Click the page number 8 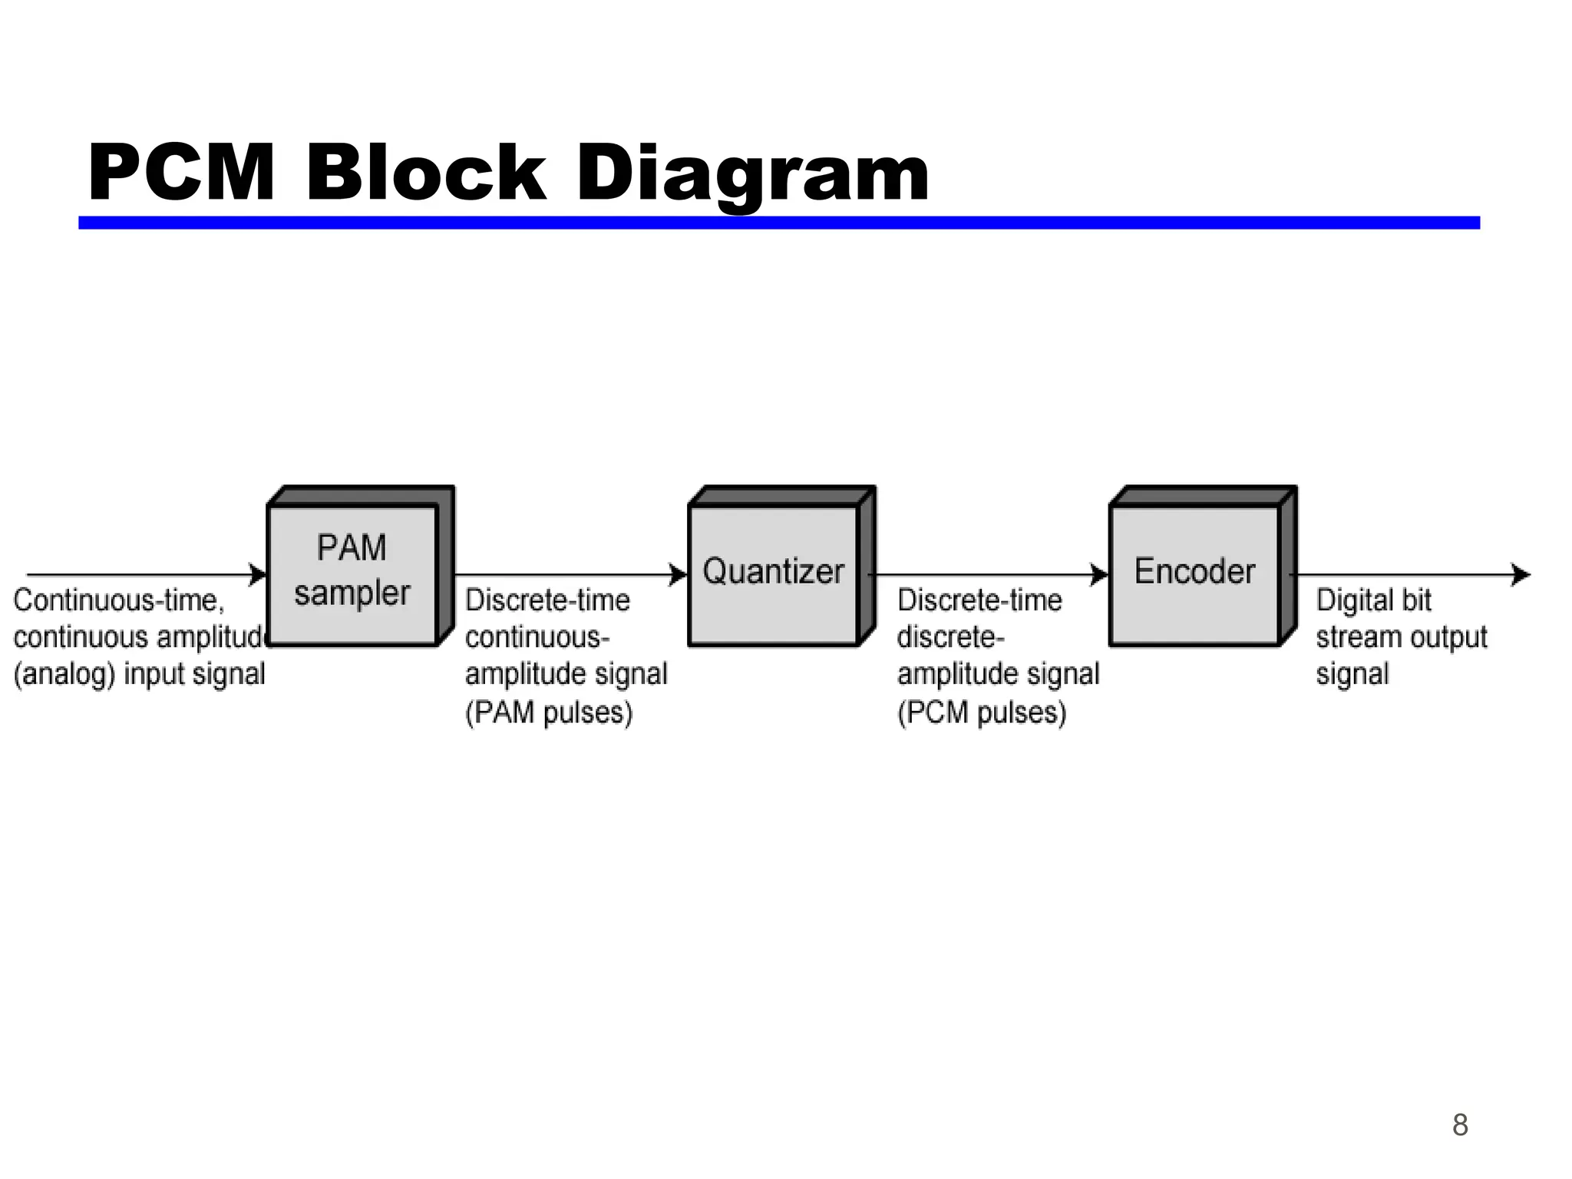tap(1460, 1125)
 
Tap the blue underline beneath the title tap(778, 223)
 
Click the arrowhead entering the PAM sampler tap(259, 574)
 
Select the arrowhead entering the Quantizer tap(679, 574)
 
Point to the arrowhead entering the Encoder tap(1100, 574)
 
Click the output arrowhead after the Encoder tap(1521, 574)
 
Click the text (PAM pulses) tap(549, 712)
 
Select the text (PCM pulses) tap(982, 712)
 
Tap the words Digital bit tap(1373, 600)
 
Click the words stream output tap(1401, 637)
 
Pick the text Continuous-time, tap(119, 600)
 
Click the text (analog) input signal tap(139, 674)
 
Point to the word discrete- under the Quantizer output tap(950, 637)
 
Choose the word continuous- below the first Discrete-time tap(537, 637)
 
